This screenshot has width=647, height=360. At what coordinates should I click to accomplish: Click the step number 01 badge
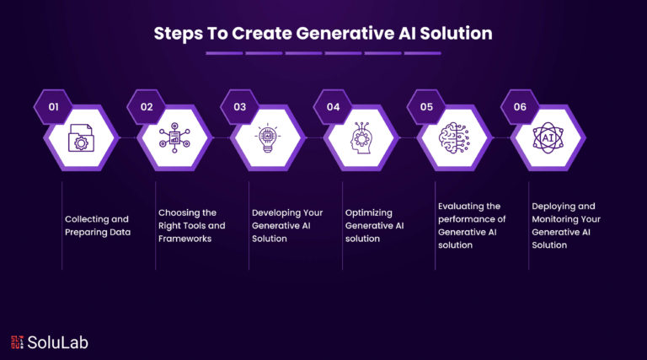coord(53,107)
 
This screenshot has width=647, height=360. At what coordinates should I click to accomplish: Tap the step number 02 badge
coord(147,107)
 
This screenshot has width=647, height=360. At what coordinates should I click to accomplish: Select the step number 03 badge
coord(240,107)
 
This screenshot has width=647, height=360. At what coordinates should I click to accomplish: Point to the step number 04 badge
coord(333,107)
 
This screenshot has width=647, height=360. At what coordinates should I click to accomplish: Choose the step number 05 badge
coord(426,107)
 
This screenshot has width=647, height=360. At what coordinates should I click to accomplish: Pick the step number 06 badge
coord(520,107)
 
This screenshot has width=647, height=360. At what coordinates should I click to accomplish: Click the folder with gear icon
coord(81,138)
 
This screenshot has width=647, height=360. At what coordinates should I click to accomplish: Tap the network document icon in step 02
coord(174,137)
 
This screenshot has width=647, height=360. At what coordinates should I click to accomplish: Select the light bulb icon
coord(268,137)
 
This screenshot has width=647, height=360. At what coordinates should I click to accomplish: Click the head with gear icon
coord(361,138)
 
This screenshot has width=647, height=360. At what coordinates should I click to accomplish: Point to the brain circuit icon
coord(454,138)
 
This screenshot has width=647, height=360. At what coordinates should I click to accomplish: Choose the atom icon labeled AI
coord(548,138)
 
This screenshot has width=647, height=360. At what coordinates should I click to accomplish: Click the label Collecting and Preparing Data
coord(98,225)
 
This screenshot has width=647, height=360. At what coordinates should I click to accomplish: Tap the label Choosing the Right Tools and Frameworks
coord(192,225)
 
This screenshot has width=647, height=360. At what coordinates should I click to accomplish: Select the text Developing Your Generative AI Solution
coord(287,225)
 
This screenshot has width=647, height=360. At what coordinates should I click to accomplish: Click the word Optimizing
coord(368,213)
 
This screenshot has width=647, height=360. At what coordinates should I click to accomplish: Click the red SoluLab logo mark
coord(17,342)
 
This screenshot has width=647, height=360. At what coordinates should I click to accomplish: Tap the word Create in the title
coord(262,34)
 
